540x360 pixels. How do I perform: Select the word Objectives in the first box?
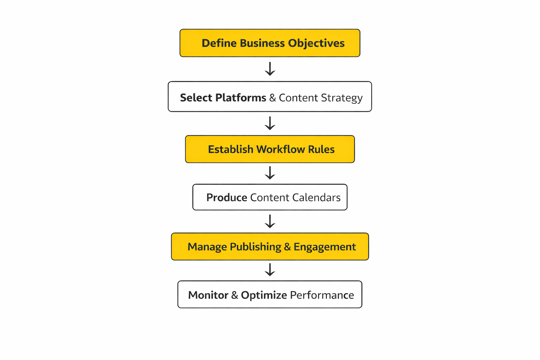pos(316,43)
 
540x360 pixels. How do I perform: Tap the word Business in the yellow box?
pos(262,43)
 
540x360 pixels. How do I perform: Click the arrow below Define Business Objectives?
pos(270,69)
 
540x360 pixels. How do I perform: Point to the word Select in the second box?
pos(196,98)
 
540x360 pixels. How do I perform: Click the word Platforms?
pos(240,98)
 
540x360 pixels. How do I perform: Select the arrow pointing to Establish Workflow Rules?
pos(270,123)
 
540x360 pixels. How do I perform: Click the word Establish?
pos(230,149)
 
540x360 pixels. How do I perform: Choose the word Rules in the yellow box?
pos(321,149)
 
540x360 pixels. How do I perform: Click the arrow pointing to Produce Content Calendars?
pos(270,173)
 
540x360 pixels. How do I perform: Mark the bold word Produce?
pos(226,198)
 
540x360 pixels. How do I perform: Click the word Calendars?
pos(316,198)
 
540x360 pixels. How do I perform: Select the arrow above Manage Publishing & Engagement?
pos(270,221)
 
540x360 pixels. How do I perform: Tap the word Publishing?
pos(255,247)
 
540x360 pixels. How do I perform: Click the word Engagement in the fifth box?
pos(324,247)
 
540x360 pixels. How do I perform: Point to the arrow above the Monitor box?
pos(270,270)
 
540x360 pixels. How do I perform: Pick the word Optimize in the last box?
pos(264,295)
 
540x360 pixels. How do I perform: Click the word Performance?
pos(322,295)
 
